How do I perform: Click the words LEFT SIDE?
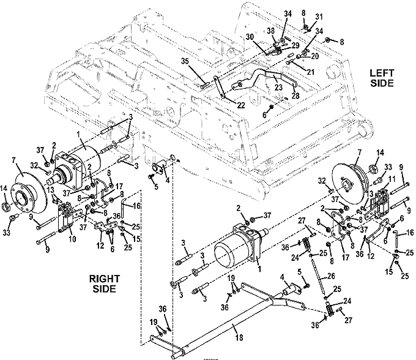[x=382, y=78]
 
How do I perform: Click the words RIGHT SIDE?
[x=104, y=284]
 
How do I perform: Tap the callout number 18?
[x=239, y=338]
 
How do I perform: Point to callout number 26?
[x=330, y=276]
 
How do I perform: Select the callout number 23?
[x=278, y=88]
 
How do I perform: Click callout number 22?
[x=240, y=105]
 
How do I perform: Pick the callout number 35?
[x=185, y=61]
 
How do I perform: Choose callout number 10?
[x=72, y=239]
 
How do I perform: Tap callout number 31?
[x=319, y=17]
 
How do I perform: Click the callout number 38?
[x=270, y=31]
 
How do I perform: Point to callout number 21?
[x=310, y=72]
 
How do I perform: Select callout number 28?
[x=295, y=96]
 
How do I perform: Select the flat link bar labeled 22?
[x=219, y=87]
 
